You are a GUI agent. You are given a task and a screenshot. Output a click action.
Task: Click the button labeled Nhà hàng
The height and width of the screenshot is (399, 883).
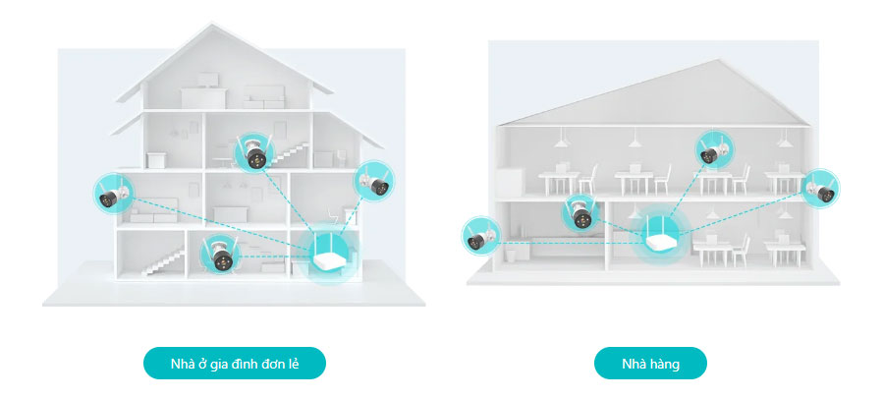(x=650, y=364)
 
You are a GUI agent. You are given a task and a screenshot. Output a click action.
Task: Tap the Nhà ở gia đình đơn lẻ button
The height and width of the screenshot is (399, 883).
(x=234, y=364)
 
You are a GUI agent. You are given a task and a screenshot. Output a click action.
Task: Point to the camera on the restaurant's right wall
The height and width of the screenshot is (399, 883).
(x=821, y=188)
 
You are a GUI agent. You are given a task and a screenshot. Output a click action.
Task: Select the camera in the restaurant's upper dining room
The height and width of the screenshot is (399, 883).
(x=712, y=149)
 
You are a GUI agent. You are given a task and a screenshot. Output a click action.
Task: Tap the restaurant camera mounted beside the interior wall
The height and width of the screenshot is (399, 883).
(x=580, y=209)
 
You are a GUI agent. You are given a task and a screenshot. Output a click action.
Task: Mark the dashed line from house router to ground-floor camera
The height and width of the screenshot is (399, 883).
(x=270, y=256)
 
